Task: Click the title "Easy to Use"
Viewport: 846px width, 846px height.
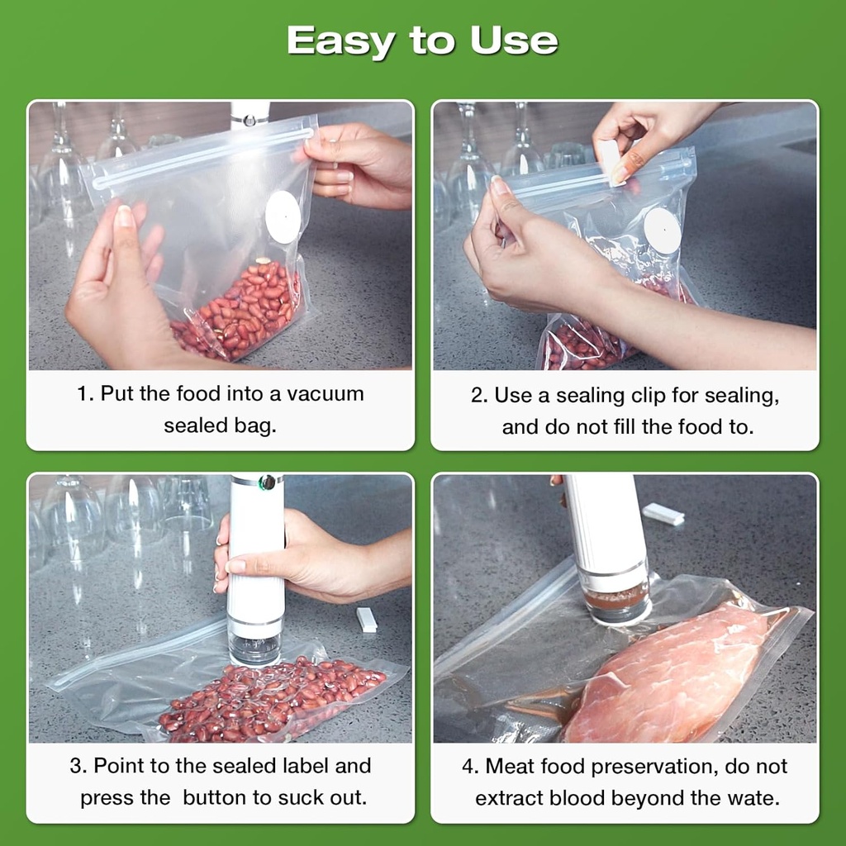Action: pos(422,40)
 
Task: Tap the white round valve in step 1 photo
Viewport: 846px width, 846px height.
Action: pos(283,217)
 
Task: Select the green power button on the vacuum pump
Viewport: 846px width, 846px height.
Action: pos(267,482)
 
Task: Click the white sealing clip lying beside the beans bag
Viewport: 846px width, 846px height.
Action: pos(366,620)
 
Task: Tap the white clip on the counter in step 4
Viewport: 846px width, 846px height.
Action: pos(663,514)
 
